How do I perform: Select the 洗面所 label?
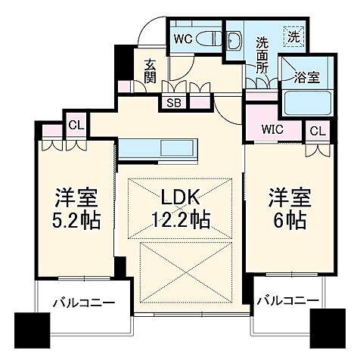[x=262, y=55]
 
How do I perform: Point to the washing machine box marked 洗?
[x=291, y=34]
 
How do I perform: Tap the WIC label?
[x=273, y=129]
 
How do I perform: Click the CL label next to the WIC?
[x=317, y=130]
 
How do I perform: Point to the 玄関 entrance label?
[x=150, y=70]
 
